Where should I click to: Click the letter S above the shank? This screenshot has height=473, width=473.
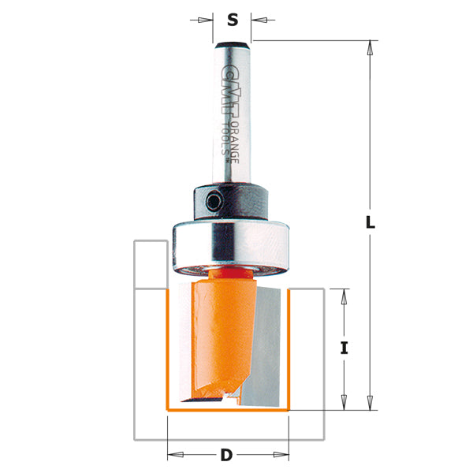[x=233, y=20]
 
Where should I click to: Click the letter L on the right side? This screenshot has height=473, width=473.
[x=370, y=223]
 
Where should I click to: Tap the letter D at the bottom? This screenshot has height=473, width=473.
[x=227, y=455]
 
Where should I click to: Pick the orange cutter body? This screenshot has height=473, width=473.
[x=217, y=331]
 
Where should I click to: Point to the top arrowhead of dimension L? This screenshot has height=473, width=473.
[x=369, y=47]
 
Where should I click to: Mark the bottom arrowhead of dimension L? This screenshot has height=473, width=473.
[x=369, y=404]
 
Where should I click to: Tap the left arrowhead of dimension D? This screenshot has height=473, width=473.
[x=173, y=455]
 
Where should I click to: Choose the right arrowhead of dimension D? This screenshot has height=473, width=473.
[x=284, y=455]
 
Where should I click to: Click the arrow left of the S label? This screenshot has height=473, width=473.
[x=207, y=19]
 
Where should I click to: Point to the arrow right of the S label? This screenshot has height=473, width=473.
[x=258, y=19]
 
